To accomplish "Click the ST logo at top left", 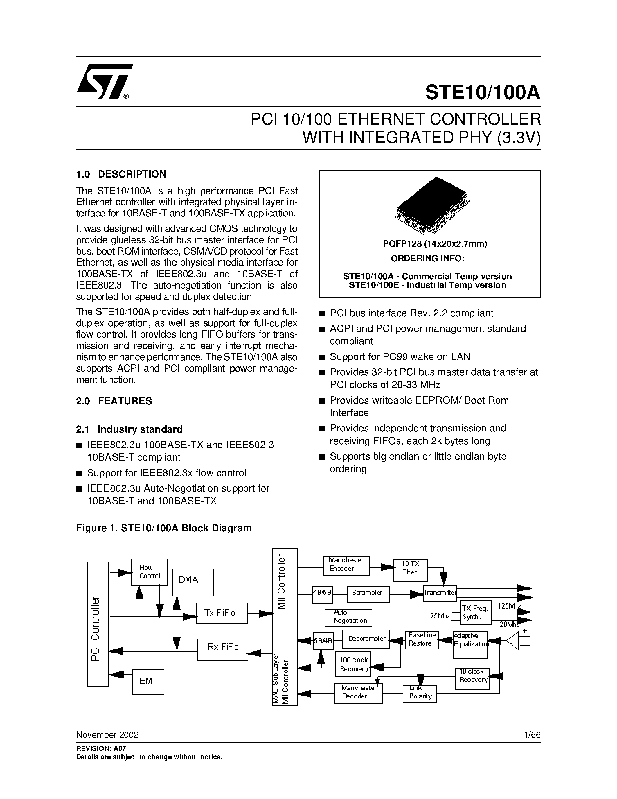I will tap(104, 82).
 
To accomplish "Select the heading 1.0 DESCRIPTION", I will tap(121, 174).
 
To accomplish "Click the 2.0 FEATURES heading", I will tap(114, 401).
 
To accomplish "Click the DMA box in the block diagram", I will tap(193, 582).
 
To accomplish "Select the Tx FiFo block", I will tap(222, 613).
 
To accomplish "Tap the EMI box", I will tap(148, 682).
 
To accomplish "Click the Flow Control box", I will tap(149, 572).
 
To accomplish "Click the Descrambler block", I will tap(366, 639).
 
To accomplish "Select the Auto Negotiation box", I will tap(348, 617).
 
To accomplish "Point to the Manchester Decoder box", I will tap(358, 693).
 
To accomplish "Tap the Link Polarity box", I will tap(420, 693).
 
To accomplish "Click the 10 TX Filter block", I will tap(411, 570).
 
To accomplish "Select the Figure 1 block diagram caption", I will tap(163, 528).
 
